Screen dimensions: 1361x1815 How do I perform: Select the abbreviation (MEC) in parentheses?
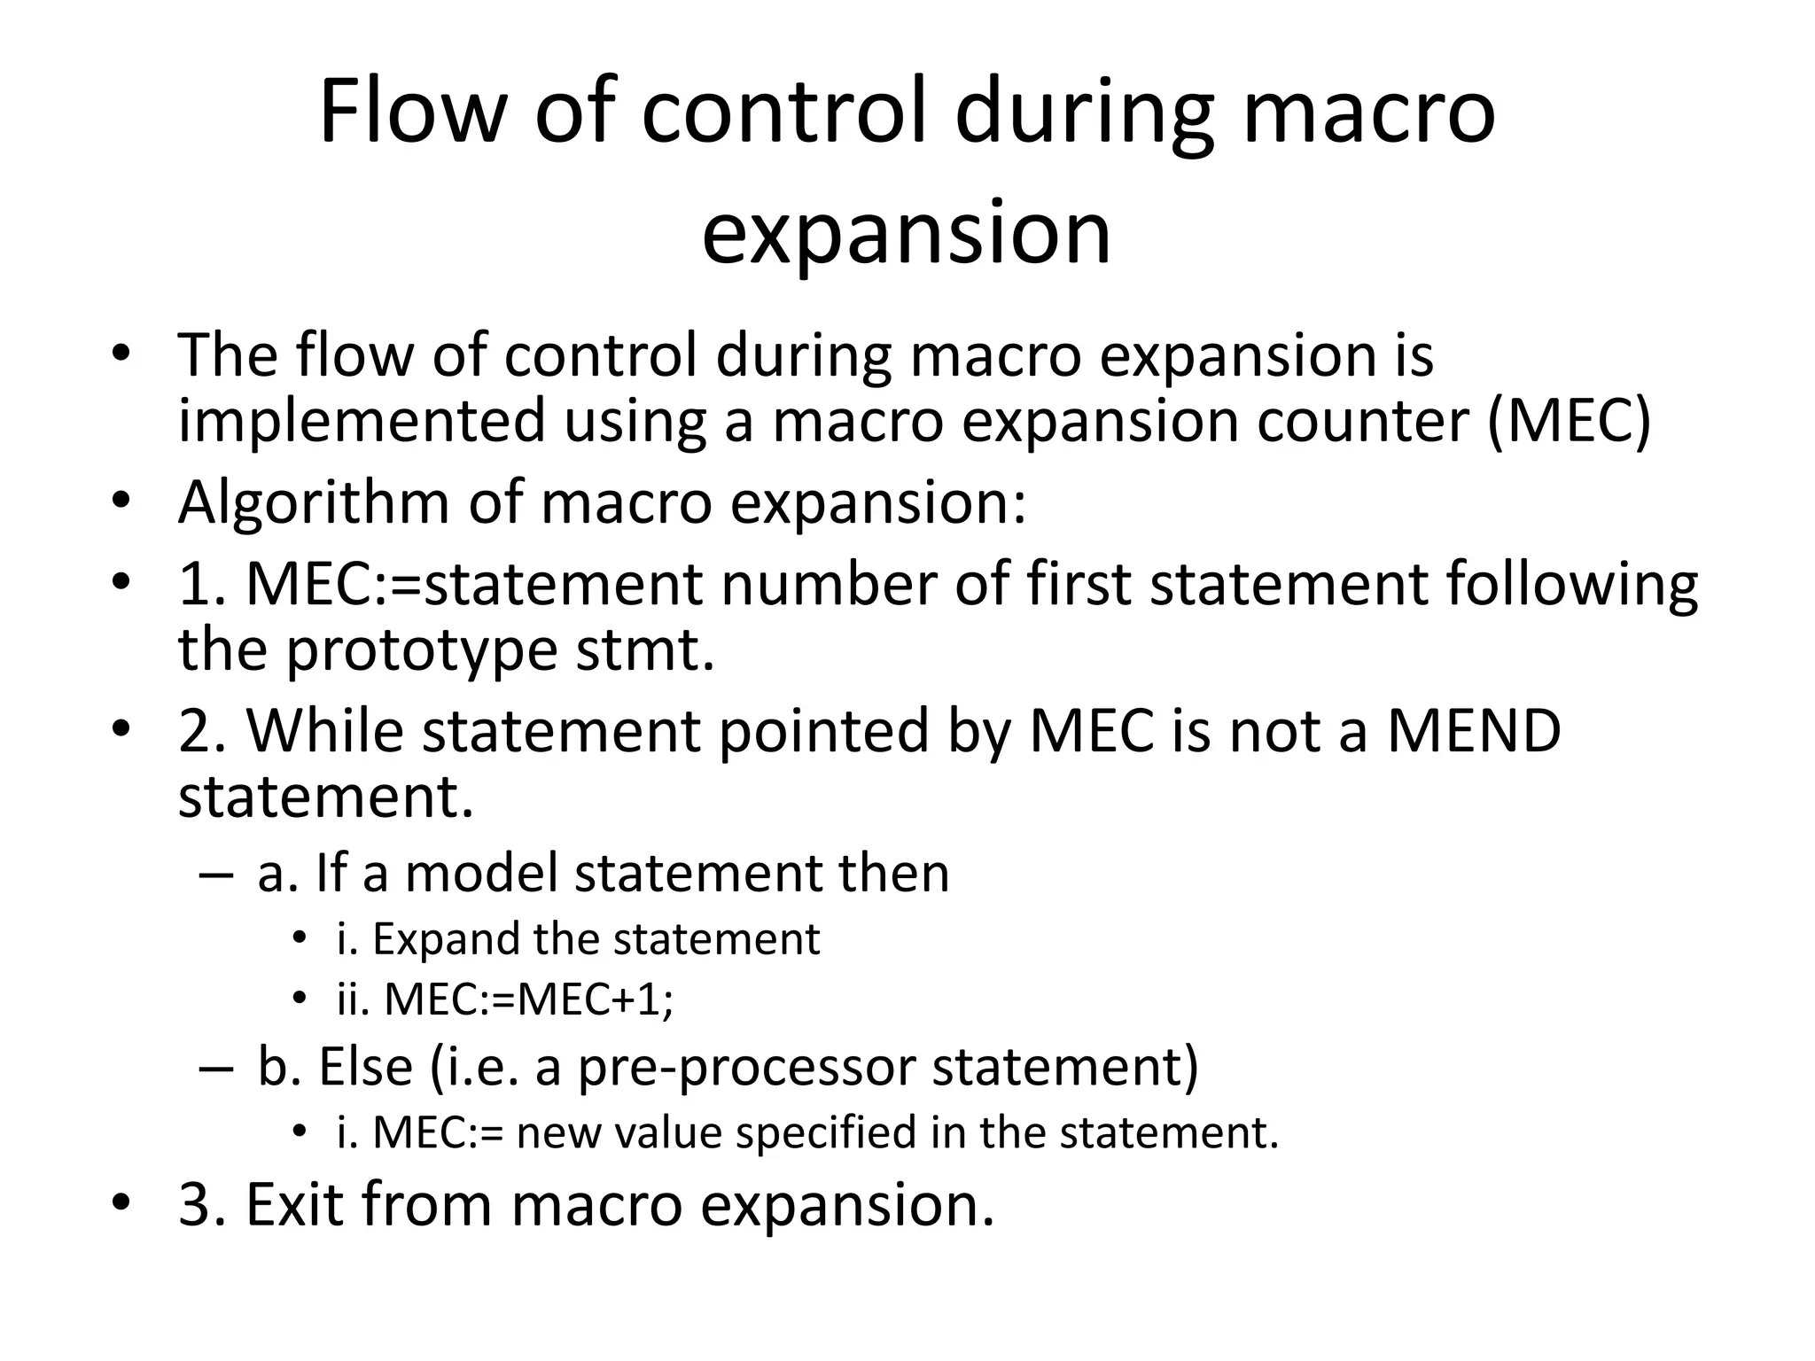[x=1570, y=420]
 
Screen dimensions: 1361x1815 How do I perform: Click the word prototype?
[x=421, y=650]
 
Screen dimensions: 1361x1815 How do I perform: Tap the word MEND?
[x=1473, y=732]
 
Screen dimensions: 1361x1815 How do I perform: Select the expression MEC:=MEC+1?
[x=529, y=1000]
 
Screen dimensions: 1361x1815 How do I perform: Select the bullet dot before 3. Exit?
[x=121, y=1203]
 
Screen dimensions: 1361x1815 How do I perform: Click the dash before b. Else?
[x=215, y=1068]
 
